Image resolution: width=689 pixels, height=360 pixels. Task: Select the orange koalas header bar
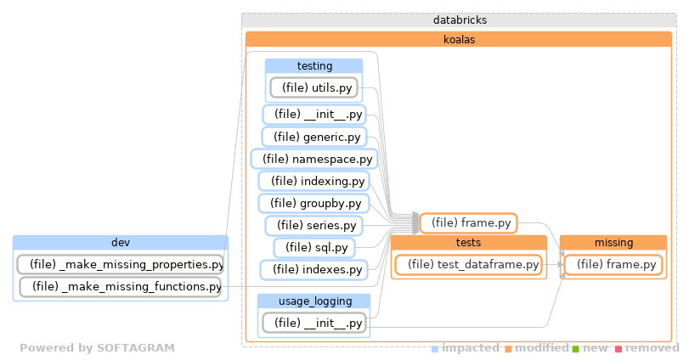[459, 38]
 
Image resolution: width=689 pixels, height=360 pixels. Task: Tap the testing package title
[313, 65]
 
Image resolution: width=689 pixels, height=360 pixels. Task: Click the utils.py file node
[313, 87]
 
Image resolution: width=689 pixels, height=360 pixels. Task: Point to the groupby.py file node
[313, 203]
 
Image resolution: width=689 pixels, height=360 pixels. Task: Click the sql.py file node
[313, 247]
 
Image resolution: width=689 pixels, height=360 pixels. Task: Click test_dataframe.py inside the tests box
[467, 265]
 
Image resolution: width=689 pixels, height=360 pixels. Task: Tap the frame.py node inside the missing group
[612, 265]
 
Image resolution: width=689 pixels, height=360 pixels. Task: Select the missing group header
[613, 243]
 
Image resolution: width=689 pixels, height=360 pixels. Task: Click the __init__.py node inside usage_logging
[313, 323]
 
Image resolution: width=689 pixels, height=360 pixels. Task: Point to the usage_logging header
[313, 301]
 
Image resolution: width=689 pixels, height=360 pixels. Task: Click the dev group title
[120, 243]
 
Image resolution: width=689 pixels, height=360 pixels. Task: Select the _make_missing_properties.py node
[121, 265]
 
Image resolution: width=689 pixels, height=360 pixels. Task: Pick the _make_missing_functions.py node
[120, 287]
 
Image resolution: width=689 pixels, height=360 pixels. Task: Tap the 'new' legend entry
[595, 348]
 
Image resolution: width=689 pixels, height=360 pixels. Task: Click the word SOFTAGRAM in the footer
[137, 348]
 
